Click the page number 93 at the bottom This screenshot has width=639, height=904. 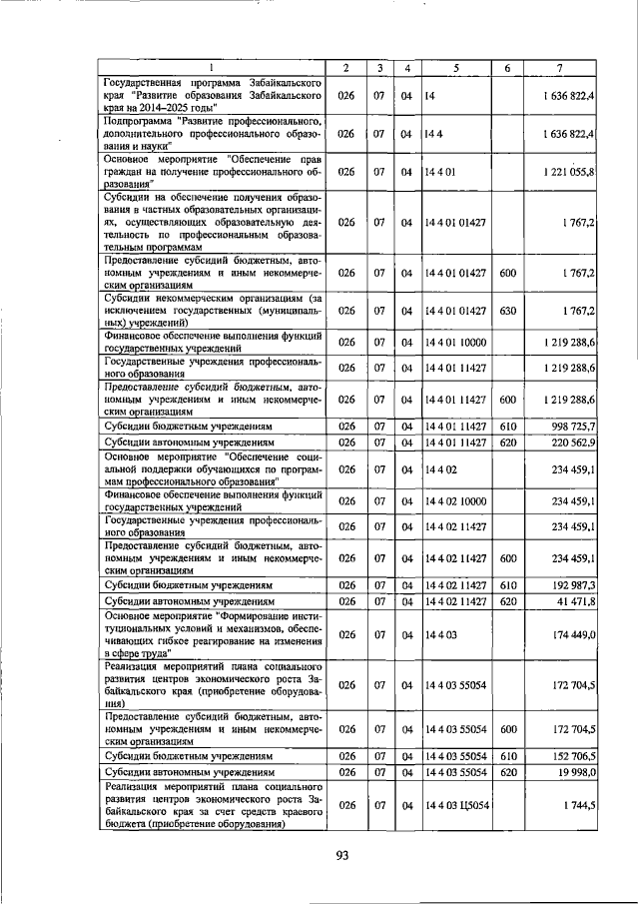(x=342, y=854)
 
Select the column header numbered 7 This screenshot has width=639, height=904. (x=560, y=67)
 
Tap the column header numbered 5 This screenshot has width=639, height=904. (x=455, y=67)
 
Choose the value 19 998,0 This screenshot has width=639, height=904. (x=574, y=772)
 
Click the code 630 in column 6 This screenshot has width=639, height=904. (x=507, y=311)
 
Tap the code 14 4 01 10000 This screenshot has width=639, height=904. (x=455, y=343)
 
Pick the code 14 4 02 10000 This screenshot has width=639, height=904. (x=455, y=500)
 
